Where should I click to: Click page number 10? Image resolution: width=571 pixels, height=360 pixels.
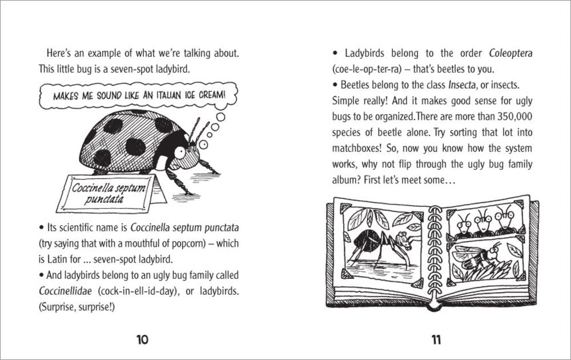pos(142,340)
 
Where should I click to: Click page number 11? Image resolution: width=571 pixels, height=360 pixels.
pos(436,340)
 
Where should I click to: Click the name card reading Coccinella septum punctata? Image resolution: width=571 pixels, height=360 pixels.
pos(108,194)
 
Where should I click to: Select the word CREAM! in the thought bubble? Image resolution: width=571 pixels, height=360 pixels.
pos(212,95)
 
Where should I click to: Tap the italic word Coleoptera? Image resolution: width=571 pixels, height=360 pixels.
pos(510,54)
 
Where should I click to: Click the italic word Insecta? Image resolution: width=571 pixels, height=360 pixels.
pos(462,85)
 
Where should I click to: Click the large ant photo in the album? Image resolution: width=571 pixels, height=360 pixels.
pos(383,243)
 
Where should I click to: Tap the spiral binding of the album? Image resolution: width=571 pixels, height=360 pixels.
pos(435,251)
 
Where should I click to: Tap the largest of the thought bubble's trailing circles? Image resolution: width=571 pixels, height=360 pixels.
pos(220,117)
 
